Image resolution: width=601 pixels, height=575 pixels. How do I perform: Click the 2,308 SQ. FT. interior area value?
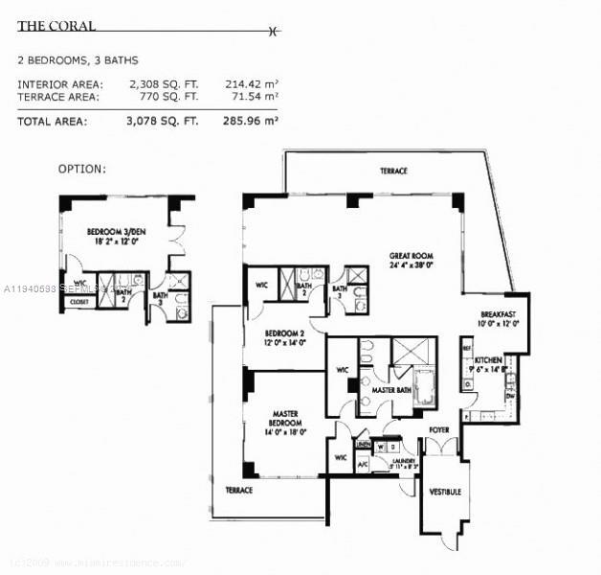tap(164, 84)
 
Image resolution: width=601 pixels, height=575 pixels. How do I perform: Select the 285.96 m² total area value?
tap(251, 121)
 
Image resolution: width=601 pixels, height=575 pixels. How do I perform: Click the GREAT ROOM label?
tap(412, 256)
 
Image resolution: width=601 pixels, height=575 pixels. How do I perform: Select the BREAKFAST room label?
tap(499, 315)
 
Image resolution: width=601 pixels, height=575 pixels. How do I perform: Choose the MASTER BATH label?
tap(390, 390)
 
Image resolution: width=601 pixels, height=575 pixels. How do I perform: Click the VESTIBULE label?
tap(445, 492)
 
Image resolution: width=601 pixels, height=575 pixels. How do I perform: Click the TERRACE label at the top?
tap(392, 171)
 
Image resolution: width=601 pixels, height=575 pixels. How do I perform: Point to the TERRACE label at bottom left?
tap(238, 490)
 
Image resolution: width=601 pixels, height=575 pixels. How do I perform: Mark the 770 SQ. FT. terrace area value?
tap(167, 97)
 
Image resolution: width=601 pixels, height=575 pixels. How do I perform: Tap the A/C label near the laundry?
tap(363, 465)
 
